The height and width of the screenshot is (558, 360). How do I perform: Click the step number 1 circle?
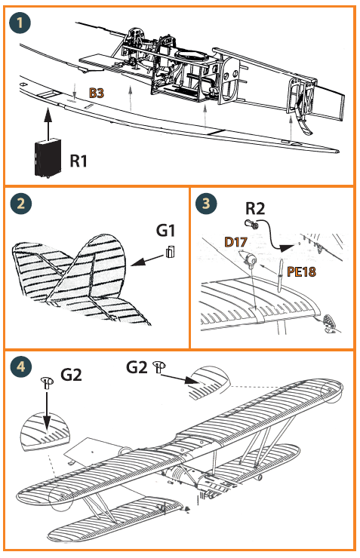pos(20,23)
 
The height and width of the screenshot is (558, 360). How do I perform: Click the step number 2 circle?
pos(21,204)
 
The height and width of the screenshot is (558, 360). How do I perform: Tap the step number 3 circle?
pos(206,204)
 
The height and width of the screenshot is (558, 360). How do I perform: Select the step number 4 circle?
pos(21,366)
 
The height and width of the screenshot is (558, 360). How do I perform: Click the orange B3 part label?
pos(96,94)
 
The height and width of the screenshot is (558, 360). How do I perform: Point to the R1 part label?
pos(78,161)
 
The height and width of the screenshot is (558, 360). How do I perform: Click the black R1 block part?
pos(48,158)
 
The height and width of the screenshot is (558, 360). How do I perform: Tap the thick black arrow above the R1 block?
pos(48,123)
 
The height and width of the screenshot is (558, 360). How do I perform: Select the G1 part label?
pos(165,230)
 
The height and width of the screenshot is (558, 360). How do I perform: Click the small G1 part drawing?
pos(171,252)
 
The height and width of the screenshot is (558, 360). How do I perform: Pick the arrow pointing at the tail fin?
pos(146,260)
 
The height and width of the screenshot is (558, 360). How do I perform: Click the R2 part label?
pos(255,208)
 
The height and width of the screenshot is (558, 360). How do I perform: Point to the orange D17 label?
pos(235,242)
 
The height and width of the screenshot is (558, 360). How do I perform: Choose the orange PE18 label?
pos(301,272)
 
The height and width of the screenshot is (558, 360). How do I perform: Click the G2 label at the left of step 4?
pos(71,375)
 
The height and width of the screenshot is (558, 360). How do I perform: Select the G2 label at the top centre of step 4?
pos(137,367)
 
